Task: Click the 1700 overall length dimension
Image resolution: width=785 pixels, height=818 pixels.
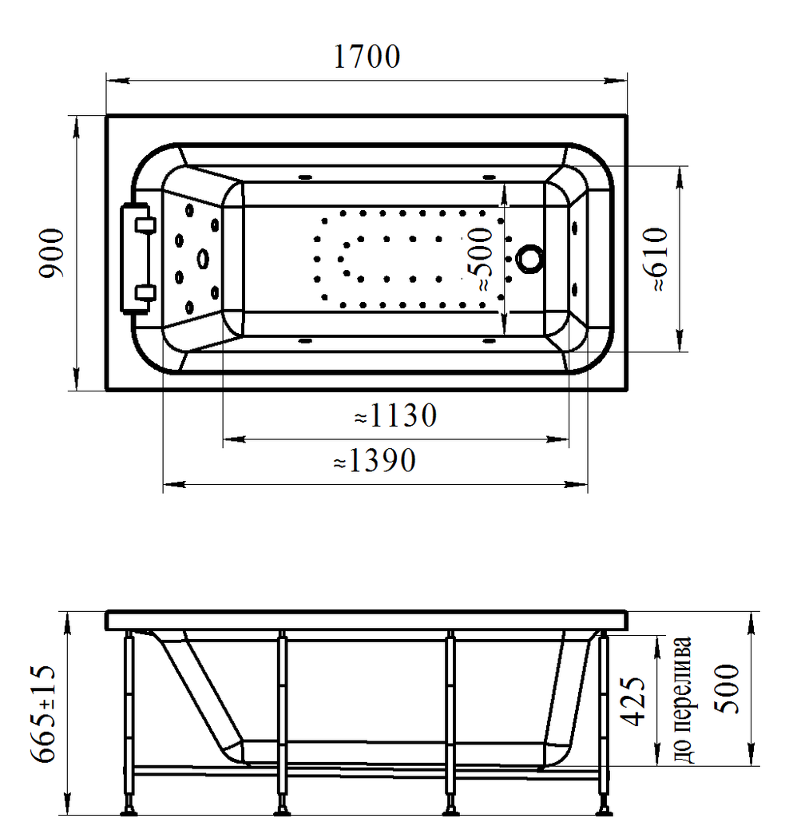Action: click(367, 57)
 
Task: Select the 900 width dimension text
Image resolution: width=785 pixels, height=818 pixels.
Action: click(53, 253)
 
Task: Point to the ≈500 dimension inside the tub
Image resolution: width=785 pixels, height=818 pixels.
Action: click(481, 259)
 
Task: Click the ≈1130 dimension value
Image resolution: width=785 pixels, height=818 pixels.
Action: click(395, 415)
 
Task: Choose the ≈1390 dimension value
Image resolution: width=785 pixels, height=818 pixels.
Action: click(375, 461)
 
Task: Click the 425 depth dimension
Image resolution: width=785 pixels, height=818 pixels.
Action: click(632, 701)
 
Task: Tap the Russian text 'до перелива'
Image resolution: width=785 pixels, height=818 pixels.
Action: click(683, 700)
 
